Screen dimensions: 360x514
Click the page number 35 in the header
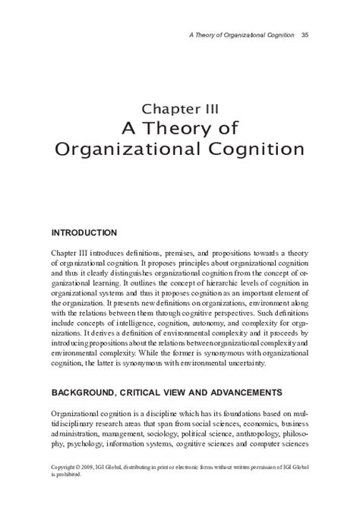click(x=304, y=34)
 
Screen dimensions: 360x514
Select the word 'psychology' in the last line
click(x=88, y=443)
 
